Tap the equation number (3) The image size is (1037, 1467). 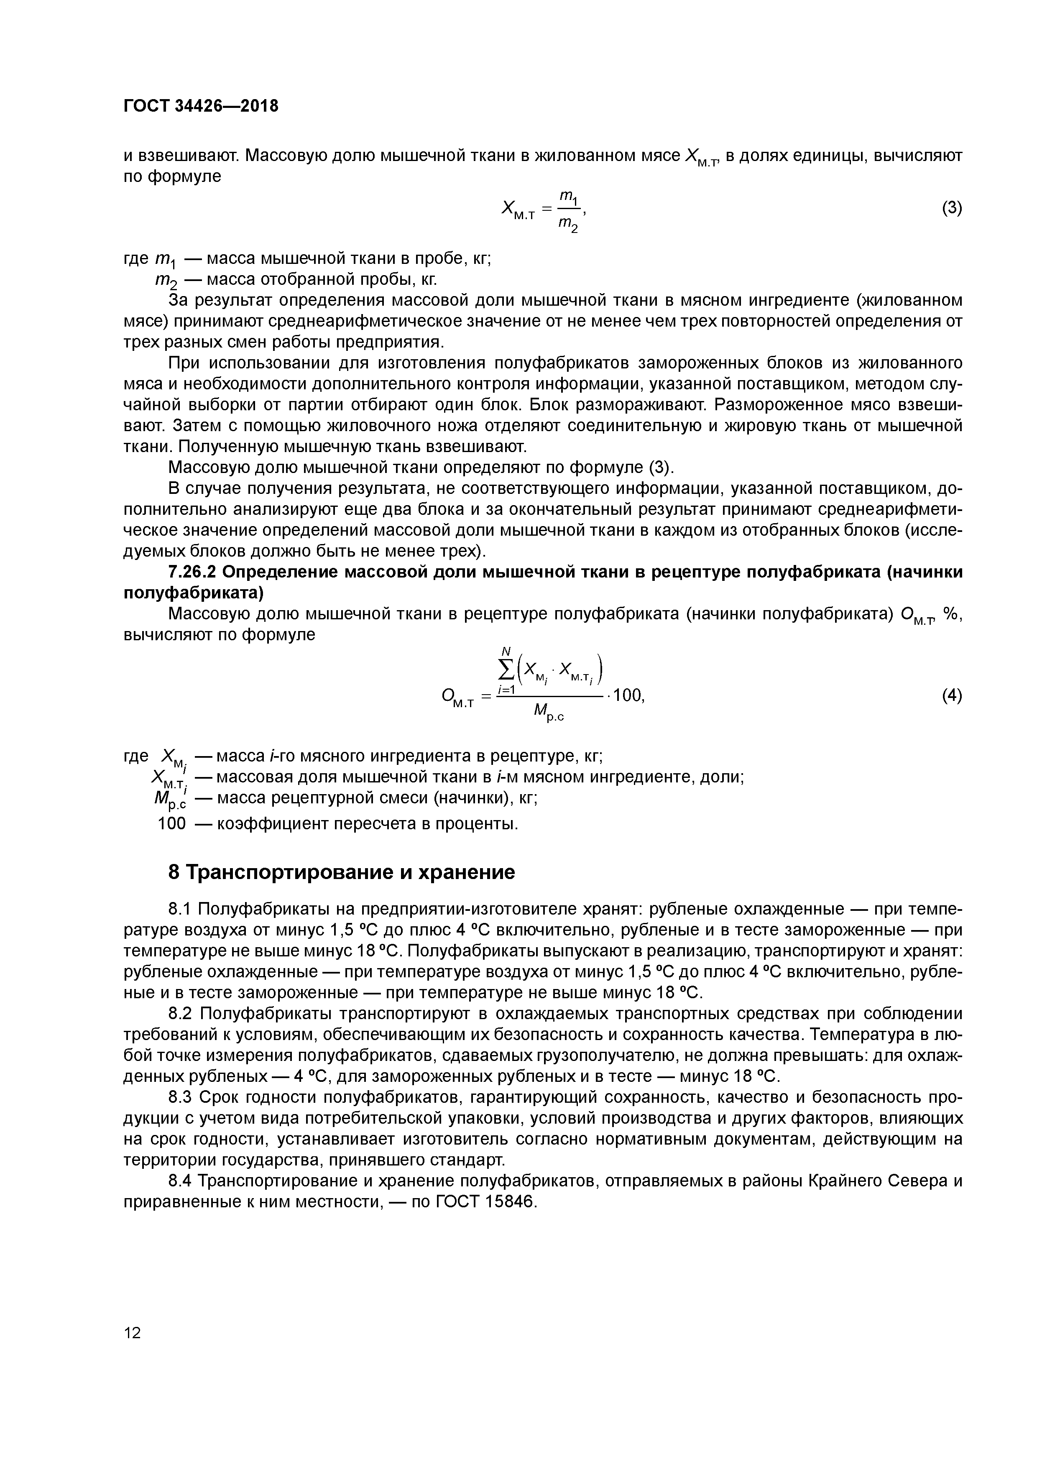[951, 208]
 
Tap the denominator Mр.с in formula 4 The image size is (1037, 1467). [548, 712]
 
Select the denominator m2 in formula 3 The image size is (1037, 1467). [567, 224]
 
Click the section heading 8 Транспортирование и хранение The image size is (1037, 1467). [341, 872]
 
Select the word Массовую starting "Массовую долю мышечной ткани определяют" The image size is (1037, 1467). [207, 467]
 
